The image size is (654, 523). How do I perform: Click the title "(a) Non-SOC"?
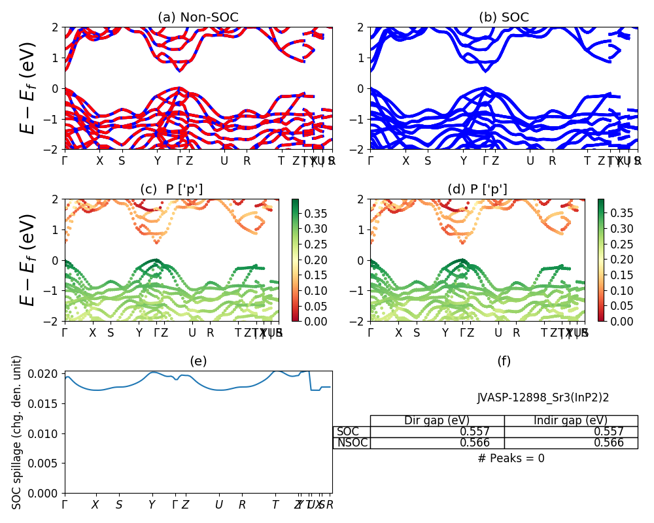point(198,18)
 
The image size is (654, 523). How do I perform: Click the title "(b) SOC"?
point(504,18)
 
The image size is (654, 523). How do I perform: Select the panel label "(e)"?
point(198,361)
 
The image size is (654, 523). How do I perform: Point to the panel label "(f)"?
point(504,361)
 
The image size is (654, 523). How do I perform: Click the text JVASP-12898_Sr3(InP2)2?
point(543,397)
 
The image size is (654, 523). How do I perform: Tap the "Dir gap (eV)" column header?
point(437,420)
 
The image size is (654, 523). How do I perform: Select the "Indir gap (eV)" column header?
point(570,420)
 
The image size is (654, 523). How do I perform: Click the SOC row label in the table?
point(347,431)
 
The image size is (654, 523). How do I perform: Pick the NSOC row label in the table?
point(352,443)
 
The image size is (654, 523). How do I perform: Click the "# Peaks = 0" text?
point(511,458)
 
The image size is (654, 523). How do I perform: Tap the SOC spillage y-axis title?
point(17,431)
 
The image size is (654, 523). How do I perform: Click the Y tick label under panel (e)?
point(152,505)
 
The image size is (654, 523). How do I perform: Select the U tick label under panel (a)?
point(224,161)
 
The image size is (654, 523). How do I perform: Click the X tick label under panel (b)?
point(405,161)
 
